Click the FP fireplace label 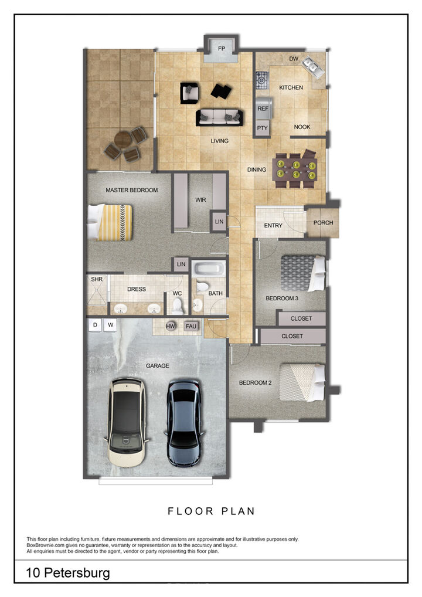coord(222,49)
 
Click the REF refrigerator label coord(263,108)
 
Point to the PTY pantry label coord(263,128)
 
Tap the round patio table coord(123,141)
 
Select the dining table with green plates coord(296,169)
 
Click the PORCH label coord(323,223)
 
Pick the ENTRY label coord(273,226)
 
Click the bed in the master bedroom coord(110,222)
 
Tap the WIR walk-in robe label coord(200,199)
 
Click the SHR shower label coord(96,280)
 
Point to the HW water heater coord(171,326)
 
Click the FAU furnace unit coord(190,326)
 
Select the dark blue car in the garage coord(184,422)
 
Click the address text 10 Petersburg coord(68,572)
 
